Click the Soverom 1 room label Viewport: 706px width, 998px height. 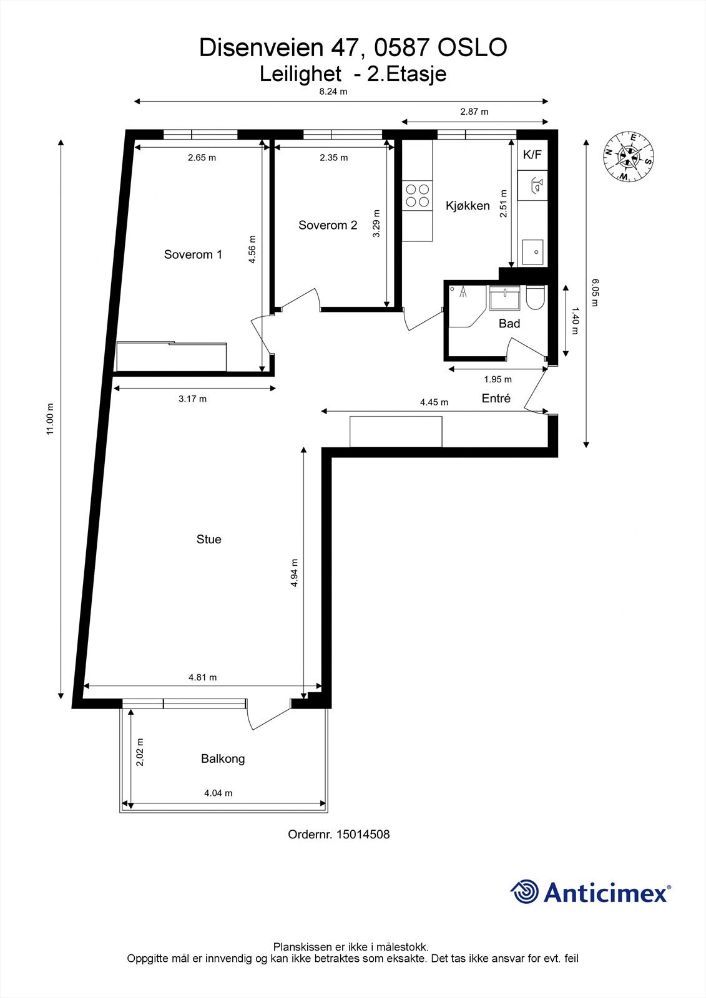pos(193,254)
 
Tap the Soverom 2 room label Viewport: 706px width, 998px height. pos(328,225)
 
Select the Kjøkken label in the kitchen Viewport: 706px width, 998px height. pos(468,206)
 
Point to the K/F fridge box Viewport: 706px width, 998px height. pos(532,155)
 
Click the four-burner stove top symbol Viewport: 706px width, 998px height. pos(417,195)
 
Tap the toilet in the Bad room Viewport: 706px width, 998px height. pos(536,298)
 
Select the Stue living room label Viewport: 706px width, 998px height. pos(208,540)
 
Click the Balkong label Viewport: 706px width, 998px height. pos(223,759)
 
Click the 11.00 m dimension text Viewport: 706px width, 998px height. pos(51,419)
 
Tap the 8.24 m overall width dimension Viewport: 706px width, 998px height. pos(333,92)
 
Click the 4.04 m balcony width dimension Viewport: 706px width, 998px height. pos(218,793)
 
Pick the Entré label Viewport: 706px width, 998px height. pos(496,399)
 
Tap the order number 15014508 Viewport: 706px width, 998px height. pos(363,835)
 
